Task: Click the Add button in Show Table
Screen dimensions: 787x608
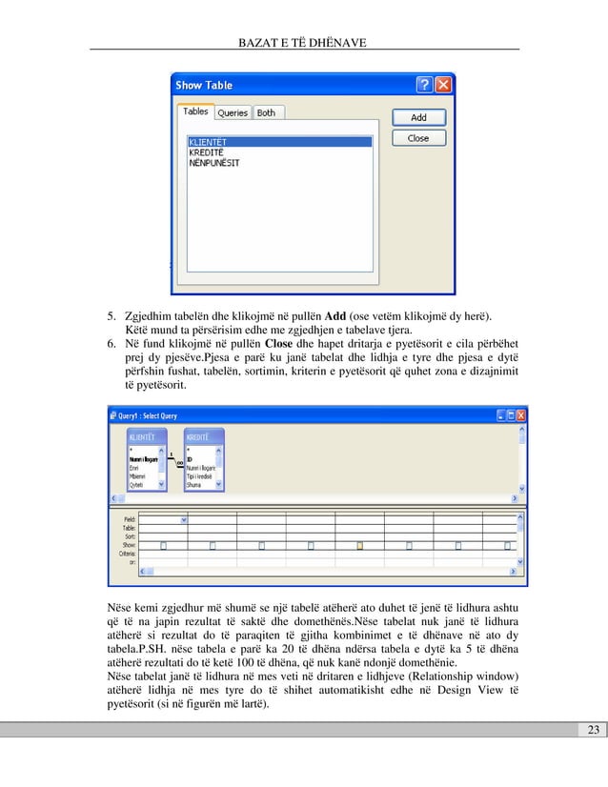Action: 418,118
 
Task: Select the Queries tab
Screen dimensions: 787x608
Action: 233,112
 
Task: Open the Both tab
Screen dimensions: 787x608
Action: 266,112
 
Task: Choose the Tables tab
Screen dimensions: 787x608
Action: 195,111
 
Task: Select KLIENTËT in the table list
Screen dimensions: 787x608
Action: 213,142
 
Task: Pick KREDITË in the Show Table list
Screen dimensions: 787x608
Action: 209,152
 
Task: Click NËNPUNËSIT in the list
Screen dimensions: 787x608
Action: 213,163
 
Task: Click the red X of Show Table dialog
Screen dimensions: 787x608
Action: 443,85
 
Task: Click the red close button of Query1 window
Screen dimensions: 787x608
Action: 521,415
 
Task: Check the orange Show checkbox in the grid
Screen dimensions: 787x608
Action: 359,545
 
